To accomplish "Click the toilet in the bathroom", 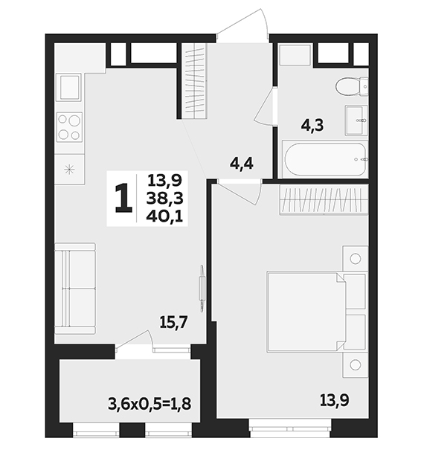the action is pyautogui.click(x=352, y=86).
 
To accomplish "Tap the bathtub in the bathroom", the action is pyautogui.click(x=325, y=158).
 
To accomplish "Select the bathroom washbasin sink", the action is pyautogui.click(x=356, y=120).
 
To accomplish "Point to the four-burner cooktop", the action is pyautogui.click(x=69, y=126).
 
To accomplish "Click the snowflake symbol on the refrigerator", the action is pyautogui.click(x=69, y=169).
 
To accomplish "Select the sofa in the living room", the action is pyautogui.click(x=75, y=289).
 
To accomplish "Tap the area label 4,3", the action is pyautogui.click(x=312, y=125).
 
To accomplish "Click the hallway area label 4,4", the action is pyautogui.click(x=242, y=164).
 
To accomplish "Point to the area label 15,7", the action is pyautogui.click(x=174, y=322).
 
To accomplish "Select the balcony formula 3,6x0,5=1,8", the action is pyautogui.click(x=150, y=404).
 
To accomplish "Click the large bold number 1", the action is pyautogui.click(x=123, y=199).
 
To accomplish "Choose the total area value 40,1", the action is pyautogui.click(x=165, y=216).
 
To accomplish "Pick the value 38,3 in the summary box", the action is pyautogui.click(x=165, y=199).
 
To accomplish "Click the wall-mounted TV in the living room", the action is pyautogui.click(x=202, y=288).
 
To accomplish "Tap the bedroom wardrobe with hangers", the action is pyautogui.click(x=324, y=199).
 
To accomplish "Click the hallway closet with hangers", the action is pyautogui.click(x=194, y=80).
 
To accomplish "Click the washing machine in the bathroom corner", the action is pyautogui.click(x=295, y=54).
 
